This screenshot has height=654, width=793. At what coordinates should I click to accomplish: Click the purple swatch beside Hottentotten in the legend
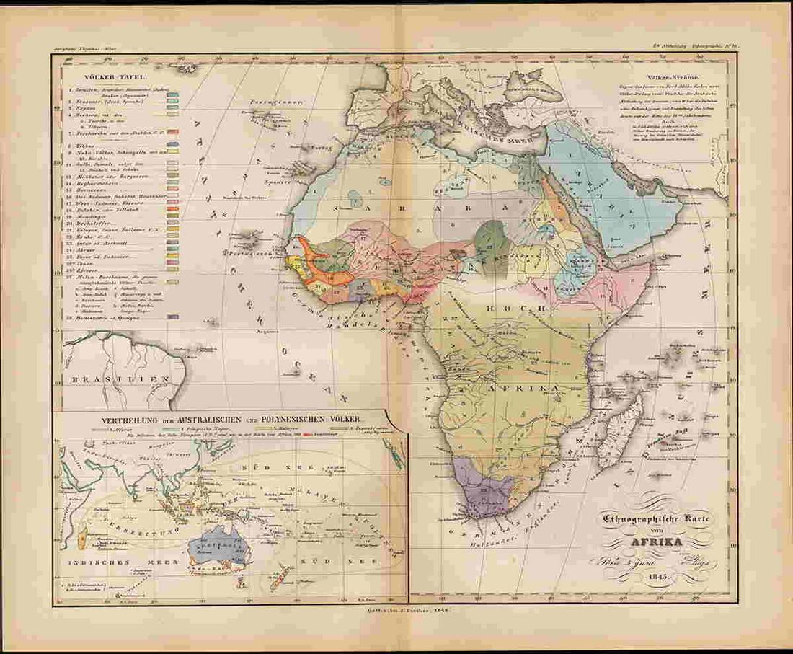(173, 317)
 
